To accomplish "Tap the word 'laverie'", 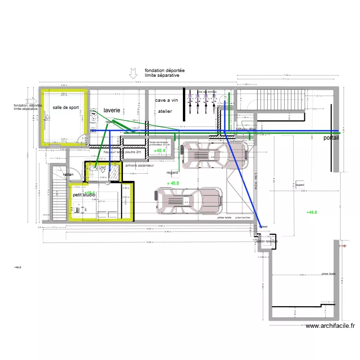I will pos(111,110).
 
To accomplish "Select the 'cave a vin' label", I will pos(167,101).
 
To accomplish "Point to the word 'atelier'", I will pos(165,111).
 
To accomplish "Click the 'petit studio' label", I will pos(84,195).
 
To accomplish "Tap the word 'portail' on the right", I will pos(331,138).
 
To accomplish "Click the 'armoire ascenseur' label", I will pos(139,166).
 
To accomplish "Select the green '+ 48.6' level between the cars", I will pos(173,183).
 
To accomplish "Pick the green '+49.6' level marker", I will pos(312,212).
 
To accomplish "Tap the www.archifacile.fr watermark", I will pos(330,326).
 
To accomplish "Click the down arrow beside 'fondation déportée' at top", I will pos(133,73).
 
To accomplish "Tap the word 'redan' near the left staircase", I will pos(68,175).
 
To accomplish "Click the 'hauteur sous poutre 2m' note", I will pos(122,152).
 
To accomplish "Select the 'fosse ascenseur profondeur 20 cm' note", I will pos(160,143).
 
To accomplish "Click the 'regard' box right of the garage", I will pos(300,184).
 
